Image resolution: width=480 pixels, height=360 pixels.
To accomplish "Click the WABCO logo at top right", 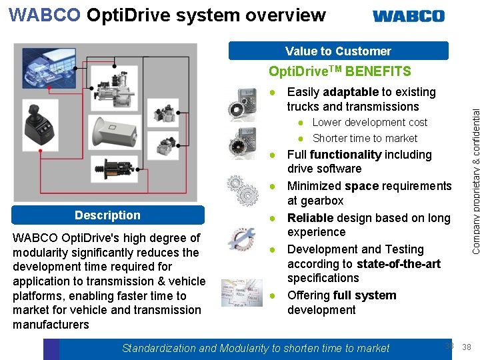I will (x=408, y=16).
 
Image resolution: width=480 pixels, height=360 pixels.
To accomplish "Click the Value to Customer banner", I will (x=338, y=51).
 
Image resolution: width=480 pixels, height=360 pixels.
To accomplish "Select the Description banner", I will (x=107, y=215).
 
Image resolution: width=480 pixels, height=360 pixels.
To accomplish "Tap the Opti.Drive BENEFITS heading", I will (x=339, y=71).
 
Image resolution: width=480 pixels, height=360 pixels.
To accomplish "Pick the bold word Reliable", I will (x=311, y=218).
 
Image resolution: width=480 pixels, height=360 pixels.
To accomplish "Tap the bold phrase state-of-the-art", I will (x=399, y=264).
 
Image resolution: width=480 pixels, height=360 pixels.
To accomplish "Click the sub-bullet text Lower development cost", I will (x=369, y=123).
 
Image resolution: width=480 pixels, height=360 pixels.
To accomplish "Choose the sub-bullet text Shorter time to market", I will (x=365, y=139).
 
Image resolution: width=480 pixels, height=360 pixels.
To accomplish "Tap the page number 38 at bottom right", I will (x=467, y=347).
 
